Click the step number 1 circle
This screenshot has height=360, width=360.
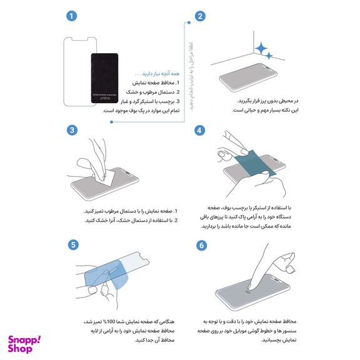(73, 16)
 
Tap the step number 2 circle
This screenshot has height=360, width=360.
(200, 16)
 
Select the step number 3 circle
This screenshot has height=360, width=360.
(73, 130)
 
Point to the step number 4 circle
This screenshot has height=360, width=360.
(200, 130)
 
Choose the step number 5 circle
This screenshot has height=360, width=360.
(73, 244)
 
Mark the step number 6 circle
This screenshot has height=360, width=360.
(200, 244)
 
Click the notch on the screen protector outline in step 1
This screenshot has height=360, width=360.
(81, 38)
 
